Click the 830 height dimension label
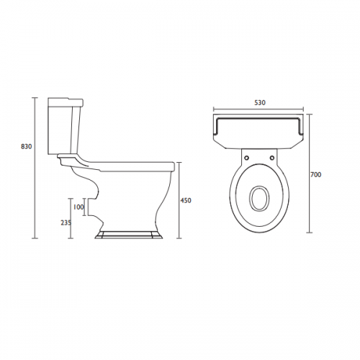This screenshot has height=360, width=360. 26,146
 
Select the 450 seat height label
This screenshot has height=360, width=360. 186,200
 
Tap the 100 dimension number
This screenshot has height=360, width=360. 78,207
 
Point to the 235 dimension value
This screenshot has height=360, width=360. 66,222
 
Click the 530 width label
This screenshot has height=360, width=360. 260,103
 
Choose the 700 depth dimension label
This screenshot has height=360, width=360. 316,175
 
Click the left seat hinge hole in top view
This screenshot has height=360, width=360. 247,158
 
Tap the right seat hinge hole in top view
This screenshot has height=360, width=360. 272,158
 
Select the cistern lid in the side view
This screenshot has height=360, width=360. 66,102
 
